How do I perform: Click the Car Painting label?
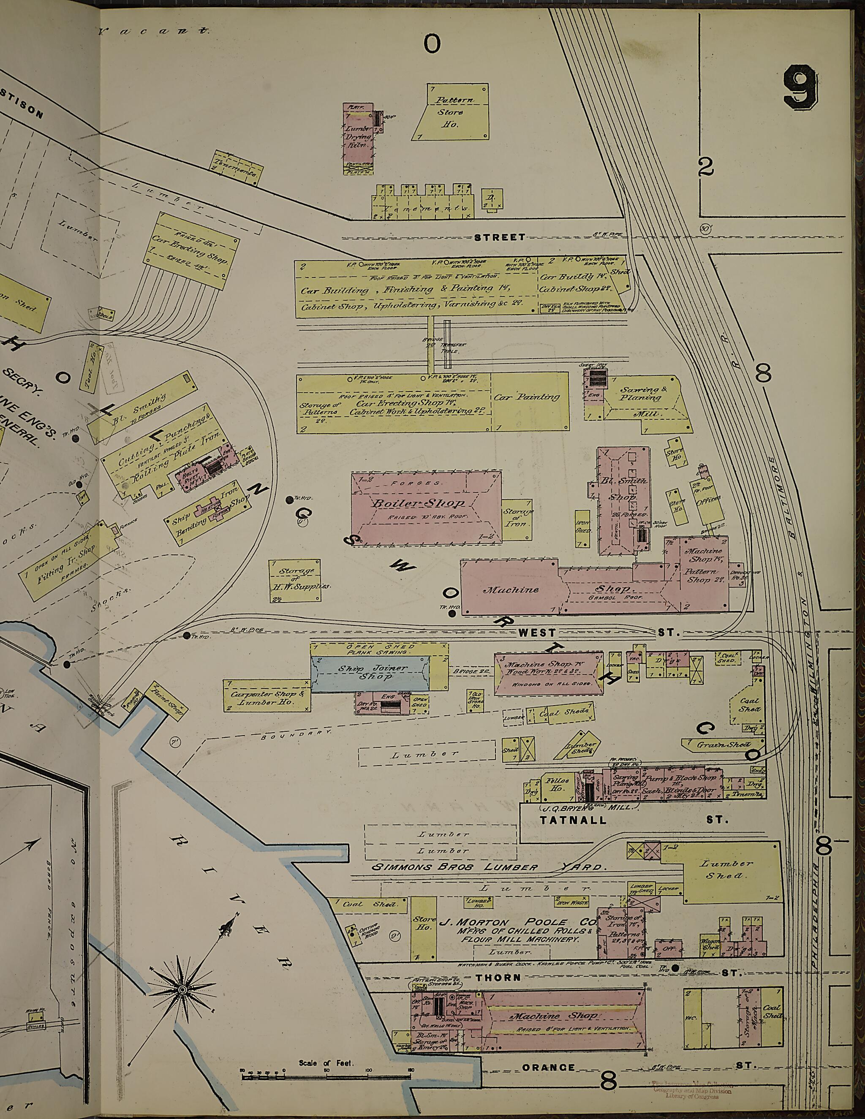526,397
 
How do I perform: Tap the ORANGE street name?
549,1067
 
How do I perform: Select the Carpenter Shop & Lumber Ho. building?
267,696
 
